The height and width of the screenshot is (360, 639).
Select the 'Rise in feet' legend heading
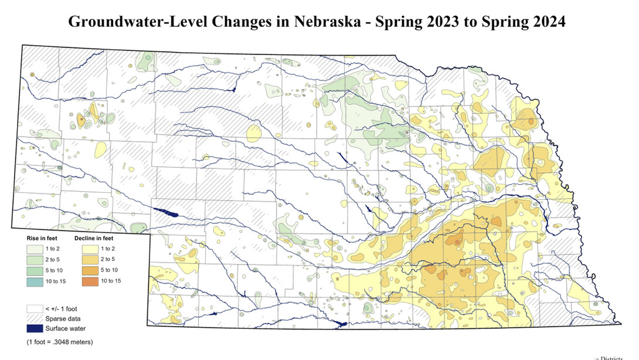[x=41, y=239]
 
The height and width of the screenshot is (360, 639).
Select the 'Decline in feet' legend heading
[x=94, y=239]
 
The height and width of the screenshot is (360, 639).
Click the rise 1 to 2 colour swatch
[x=35, y=249]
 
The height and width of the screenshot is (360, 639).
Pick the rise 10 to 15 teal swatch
[x=35, y=281]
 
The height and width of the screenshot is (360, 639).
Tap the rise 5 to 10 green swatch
[x=35, y=270]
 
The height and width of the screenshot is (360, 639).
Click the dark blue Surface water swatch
[x=35, y=328]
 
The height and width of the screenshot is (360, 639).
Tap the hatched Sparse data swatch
[x=35, y=318]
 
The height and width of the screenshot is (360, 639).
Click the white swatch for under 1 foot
[x=35, y=308]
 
